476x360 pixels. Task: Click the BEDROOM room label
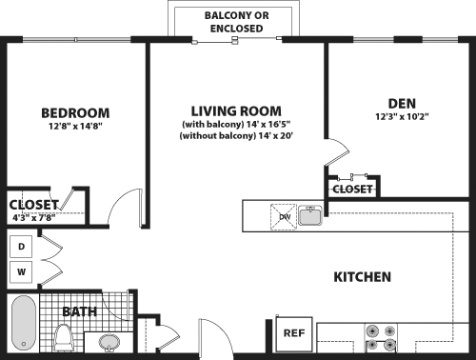75,111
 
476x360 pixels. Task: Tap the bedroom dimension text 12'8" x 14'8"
75,126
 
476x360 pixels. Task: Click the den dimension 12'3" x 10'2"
401,118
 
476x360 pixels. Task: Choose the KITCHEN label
362,277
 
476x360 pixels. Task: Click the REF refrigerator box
294,333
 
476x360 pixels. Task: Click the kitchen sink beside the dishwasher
310,216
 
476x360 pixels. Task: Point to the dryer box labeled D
21,248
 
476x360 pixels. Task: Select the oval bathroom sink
109,341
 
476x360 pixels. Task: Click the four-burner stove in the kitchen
380,339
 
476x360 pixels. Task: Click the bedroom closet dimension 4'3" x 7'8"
33,216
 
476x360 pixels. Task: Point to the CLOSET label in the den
352,190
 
